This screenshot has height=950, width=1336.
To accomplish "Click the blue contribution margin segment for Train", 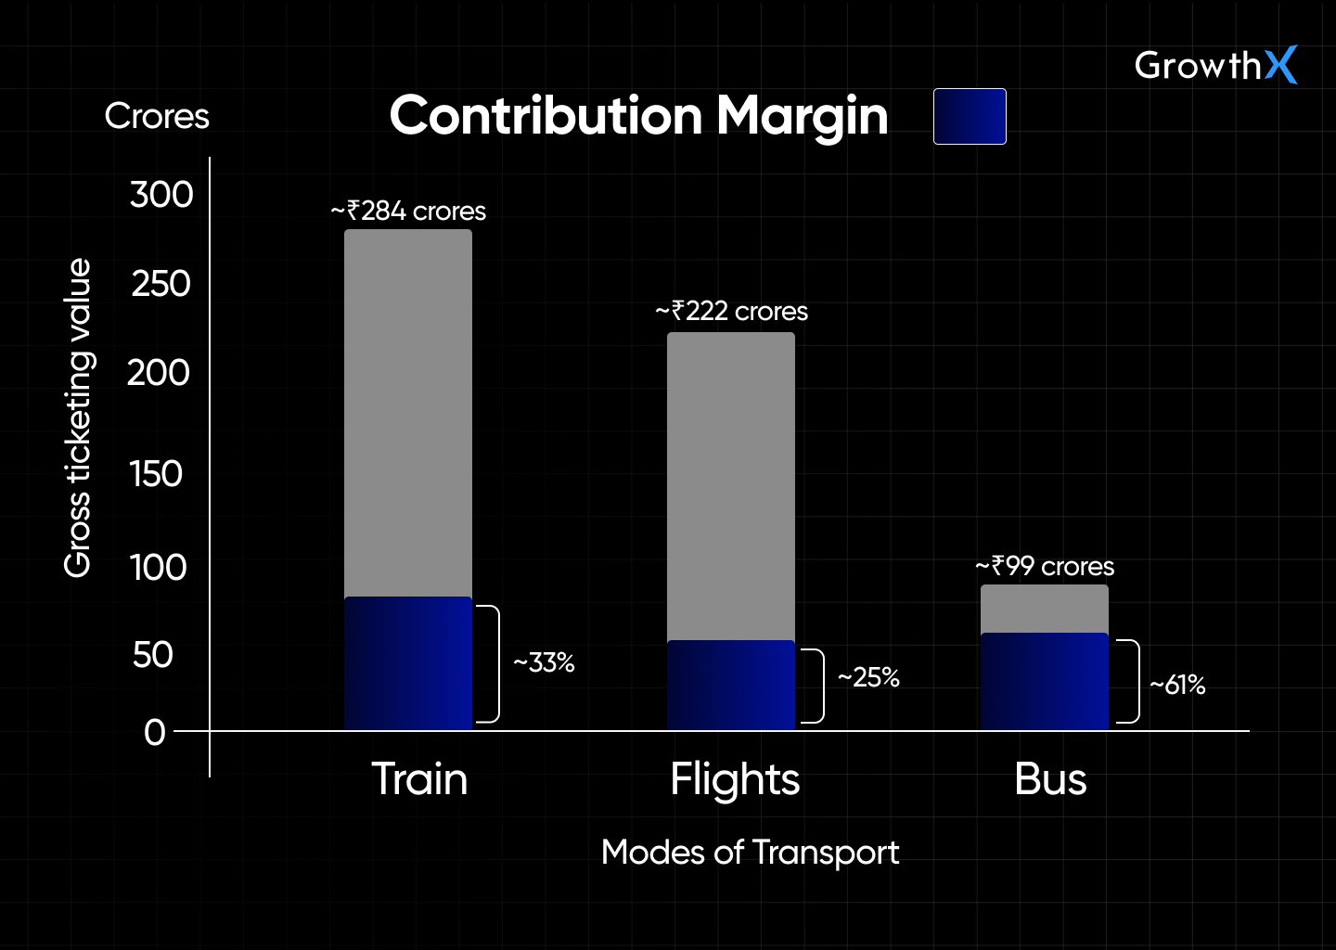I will (x=408, y=663).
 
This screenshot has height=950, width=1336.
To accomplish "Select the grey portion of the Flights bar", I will (x=731, y=485).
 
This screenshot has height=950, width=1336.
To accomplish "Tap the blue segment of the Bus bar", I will (x=1045, y=681).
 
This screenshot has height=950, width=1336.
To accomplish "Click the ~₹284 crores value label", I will (x=408, y=212).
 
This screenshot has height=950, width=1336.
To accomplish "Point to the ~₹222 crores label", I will (x=731, y=311).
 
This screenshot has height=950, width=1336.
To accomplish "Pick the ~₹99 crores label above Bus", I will (x=1045, y=566).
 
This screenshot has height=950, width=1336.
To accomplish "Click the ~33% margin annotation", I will (x=545, y=663).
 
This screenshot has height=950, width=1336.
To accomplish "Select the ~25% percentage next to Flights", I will (x=868, y=677).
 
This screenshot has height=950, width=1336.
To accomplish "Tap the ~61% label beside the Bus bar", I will (x=1177, y=685).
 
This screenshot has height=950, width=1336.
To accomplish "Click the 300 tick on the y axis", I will (x=161, y=195).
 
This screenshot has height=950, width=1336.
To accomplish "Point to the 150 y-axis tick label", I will (x=157, y=474).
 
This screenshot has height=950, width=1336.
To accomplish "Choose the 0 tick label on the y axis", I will (x=155, y=733).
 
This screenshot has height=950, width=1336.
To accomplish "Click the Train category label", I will (x=419, y=778).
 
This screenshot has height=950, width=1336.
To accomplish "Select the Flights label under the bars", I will (x=735, y=779).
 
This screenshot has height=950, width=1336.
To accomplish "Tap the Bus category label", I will (x=1050, y=779).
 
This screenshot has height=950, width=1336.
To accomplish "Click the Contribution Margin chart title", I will (x=639, y=116).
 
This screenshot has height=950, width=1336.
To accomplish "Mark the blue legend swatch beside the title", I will (x=970, y=117).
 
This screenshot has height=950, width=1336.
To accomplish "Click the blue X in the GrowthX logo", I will (x=1280, y=65).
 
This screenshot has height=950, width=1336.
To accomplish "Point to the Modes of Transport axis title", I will (x=750, y=852).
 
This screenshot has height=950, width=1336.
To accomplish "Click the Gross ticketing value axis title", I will (x=78, y=417).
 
